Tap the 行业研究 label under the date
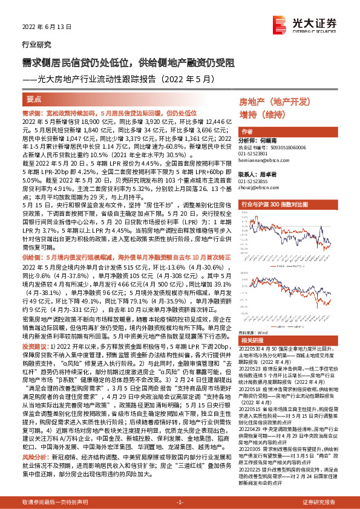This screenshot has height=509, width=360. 34,44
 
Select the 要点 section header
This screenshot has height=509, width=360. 34,98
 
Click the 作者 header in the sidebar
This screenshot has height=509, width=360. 246,132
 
